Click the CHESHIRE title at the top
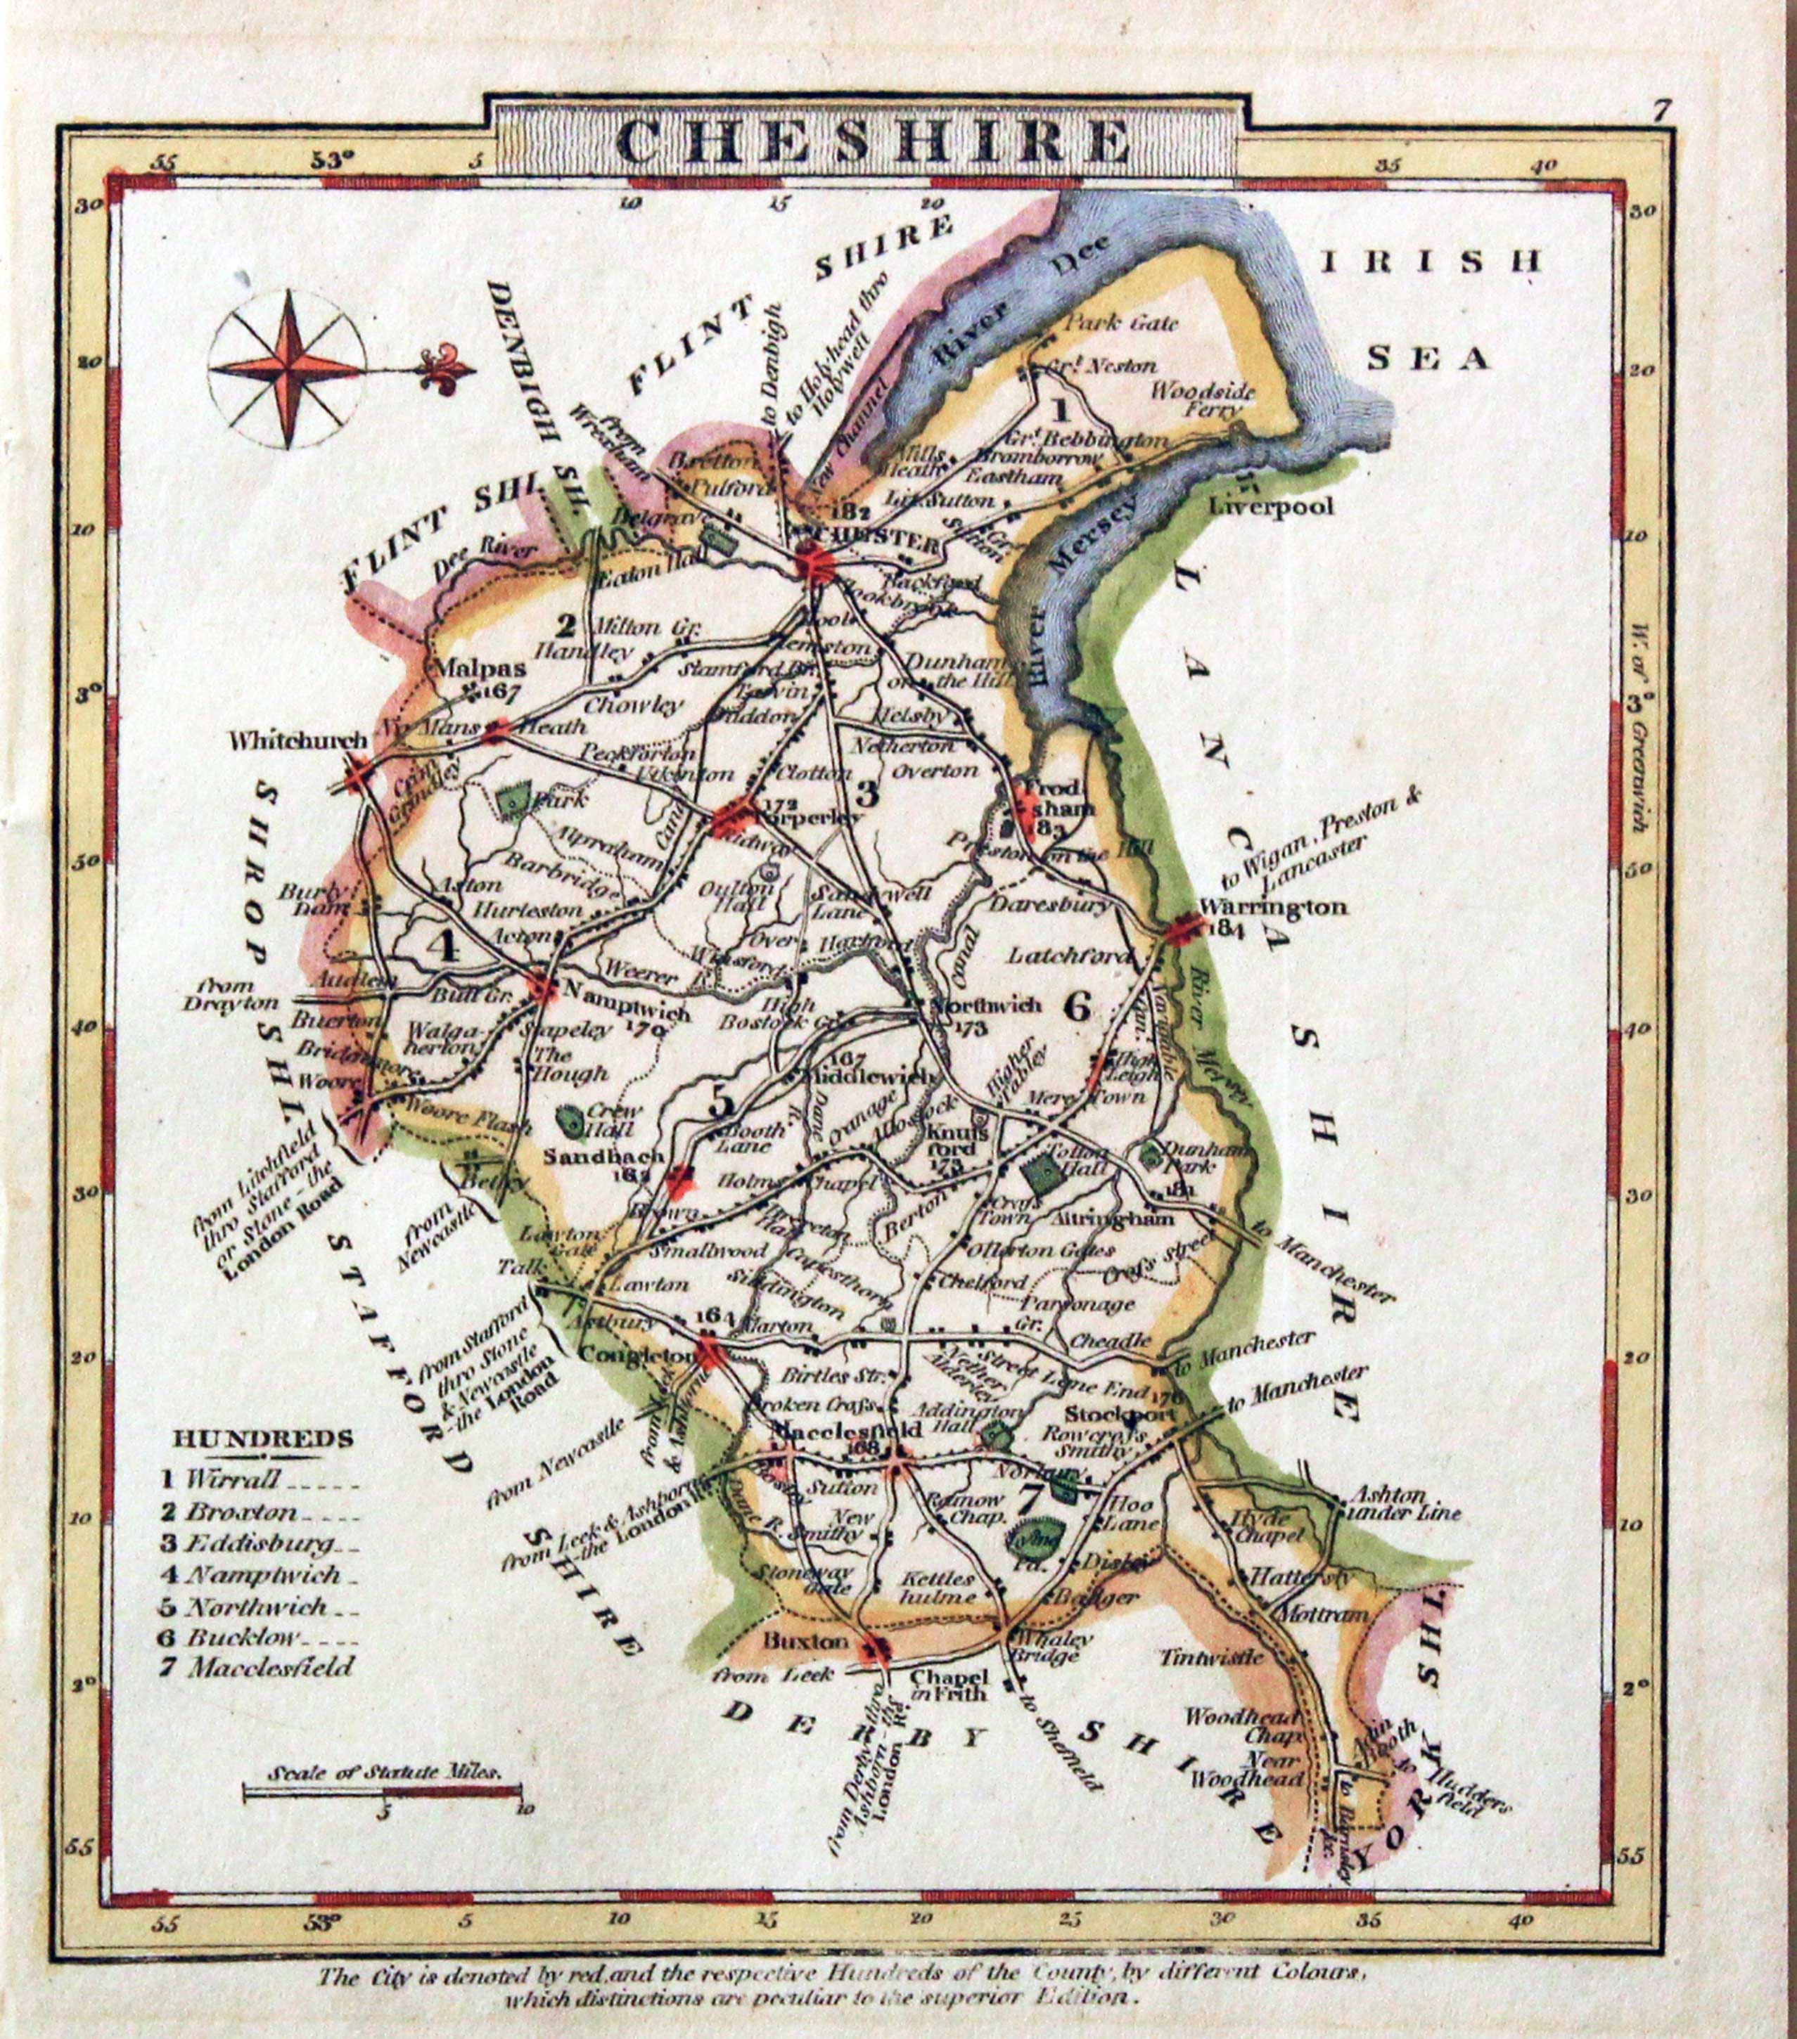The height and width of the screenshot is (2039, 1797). coord(866,143)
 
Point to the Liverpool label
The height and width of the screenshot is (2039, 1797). coord(1270,506)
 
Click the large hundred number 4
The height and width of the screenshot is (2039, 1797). coord(446,944)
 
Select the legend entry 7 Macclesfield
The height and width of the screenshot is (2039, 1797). coord(257,1666)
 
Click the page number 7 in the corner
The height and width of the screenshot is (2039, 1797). coord(1659,110)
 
